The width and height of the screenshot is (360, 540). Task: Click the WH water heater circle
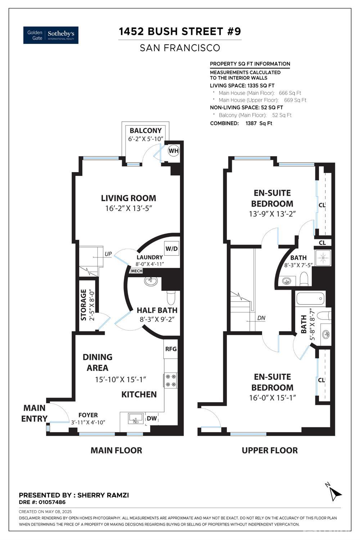tap(174, 151)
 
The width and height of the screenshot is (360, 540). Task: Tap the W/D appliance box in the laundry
tap(172, 249)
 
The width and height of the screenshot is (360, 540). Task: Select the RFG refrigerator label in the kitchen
tap(171, 349)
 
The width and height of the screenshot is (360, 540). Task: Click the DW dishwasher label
tap(152, 418)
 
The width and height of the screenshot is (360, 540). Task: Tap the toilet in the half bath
tap(171, 298)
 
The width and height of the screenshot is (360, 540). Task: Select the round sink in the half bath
tap(150, 281)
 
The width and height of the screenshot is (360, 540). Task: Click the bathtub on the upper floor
tap(310, 298)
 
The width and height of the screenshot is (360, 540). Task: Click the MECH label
tap(136, 271)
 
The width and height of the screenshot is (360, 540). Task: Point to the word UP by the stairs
tap(108, 254)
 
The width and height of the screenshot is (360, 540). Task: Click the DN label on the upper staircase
tap(261, 318)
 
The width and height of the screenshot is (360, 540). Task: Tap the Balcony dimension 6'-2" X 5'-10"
tap(146, 139)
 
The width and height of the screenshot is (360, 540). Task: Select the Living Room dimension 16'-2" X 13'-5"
tap(128, 208)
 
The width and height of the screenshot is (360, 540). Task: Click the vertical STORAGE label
tap(84, 305)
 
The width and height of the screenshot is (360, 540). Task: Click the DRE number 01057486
tap(53, 502)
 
